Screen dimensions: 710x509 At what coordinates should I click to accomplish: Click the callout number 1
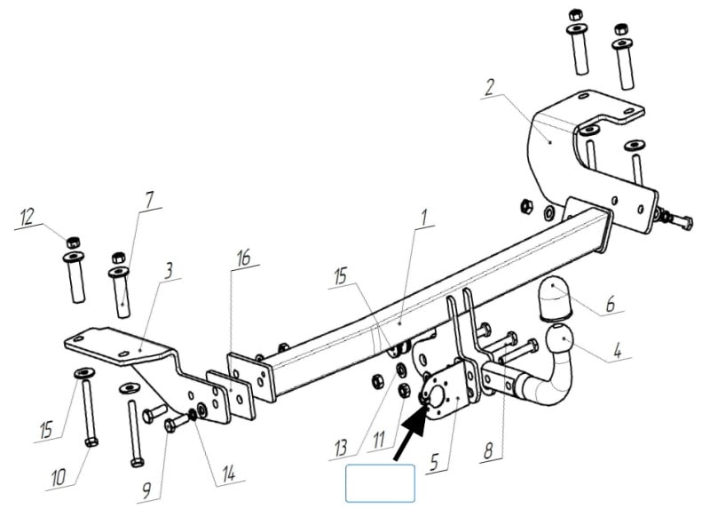424,218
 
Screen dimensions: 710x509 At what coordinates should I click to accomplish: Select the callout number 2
489,87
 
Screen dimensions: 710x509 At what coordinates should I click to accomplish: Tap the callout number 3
169,271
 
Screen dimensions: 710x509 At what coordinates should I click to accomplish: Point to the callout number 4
618,350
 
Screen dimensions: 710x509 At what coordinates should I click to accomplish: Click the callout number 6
611,304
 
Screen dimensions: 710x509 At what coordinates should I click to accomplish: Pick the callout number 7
149,200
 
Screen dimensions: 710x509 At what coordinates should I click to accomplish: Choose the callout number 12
28,217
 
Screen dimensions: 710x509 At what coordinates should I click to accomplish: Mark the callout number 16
243,258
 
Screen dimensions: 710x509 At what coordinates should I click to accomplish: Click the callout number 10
59,477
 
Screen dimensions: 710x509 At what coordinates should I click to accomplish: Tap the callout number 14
229,473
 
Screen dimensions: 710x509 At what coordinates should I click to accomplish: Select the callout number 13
341,449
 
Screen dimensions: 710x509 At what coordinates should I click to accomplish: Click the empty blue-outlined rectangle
381,483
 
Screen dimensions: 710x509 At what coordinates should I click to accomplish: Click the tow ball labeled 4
561,340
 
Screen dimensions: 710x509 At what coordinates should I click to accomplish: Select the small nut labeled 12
72,242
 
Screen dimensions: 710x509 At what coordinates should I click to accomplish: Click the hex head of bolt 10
91,441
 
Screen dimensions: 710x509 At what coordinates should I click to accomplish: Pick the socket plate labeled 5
446,394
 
